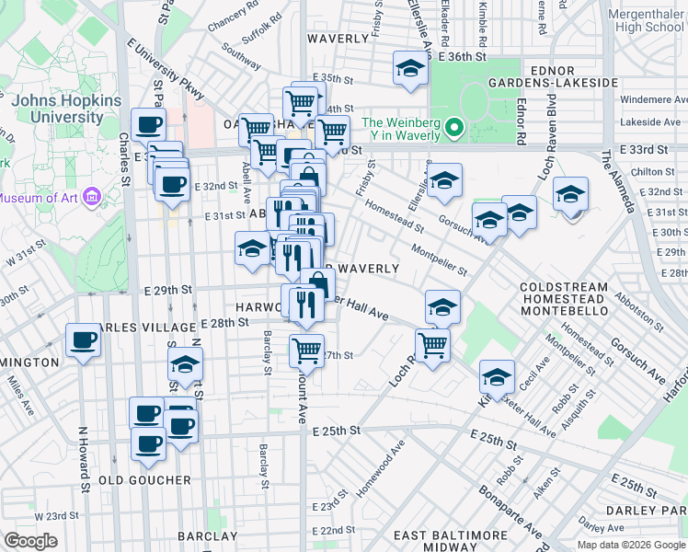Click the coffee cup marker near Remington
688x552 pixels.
coord(83,342)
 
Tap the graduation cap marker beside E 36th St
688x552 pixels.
coord(410,68)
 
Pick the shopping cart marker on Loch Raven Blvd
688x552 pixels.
coord(431,346)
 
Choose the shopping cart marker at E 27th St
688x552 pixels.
coord(306,351)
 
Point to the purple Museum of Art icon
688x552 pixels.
coord(90,197)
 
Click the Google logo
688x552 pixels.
coord(31,541)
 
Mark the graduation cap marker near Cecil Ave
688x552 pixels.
coord(497,377)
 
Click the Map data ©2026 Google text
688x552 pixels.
coord(631,544)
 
